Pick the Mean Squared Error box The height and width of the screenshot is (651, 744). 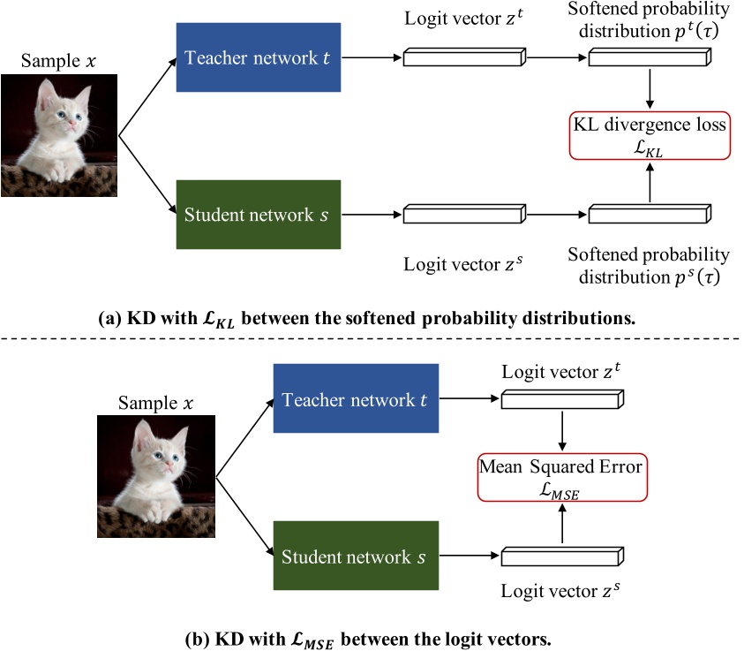click(560, 476)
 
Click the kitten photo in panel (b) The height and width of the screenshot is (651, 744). click(155, 478)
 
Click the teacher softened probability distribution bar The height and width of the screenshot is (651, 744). click(650, 59)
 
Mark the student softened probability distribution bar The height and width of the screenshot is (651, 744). click(650, 215)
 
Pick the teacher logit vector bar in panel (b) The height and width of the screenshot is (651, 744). click(562, 401)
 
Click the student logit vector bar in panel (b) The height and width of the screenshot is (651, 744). click(562, 556)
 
